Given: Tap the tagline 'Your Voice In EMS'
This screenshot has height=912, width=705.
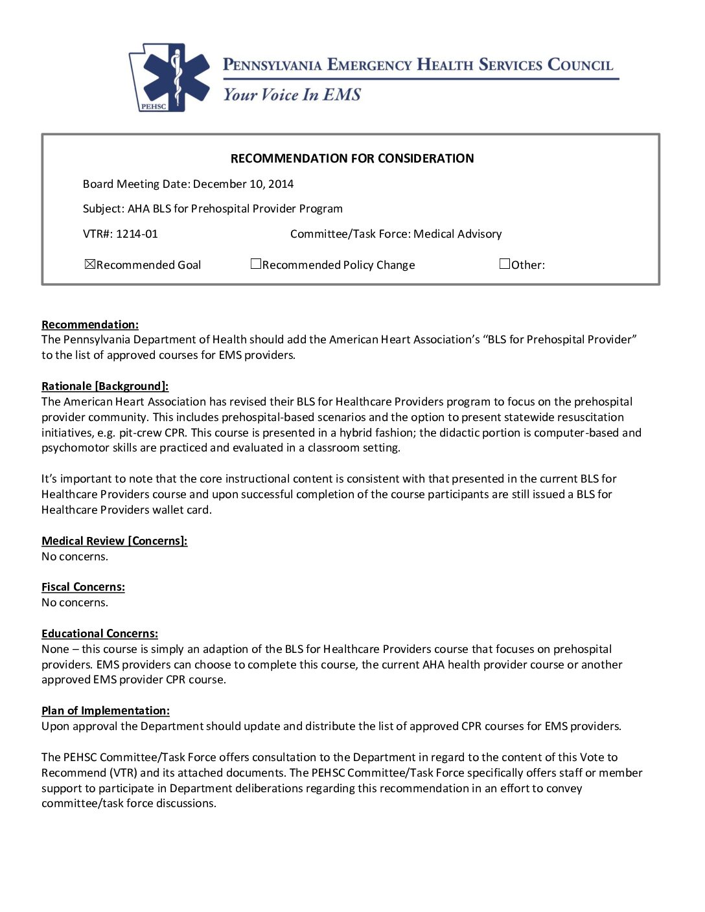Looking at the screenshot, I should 292,95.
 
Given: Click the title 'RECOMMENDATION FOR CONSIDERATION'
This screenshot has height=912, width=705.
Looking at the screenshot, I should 352,159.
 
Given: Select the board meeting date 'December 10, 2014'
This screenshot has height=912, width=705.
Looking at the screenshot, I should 243,184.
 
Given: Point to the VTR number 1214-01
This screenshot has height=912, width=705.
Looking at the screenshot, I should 137,234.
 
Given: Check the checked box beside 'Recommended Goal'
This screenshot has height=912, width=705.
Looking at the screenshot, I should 90,264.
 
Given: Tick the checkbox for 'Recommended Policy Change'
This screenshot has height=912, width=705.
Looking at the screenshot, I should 256,264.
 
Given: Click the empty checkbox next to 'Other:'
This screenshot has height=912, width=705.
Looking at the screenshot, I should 505,264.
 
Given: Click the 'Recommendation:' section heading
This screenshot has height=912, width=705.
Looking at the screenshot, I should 90,325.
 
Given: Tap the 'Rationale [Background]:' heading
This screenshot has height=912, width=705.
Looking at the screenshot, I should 105,386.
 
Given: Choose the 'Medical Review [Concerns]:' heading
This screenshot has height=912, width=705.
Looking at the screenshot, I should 115,541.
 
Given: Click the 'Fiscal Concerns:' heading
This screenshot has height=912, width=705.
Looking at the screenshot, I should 83,587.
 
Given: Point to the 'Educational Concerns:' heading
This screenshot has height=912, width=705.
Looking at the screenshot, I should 100,633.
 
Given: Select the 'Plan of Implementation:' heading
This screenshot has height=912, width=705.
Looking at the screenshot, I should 106,711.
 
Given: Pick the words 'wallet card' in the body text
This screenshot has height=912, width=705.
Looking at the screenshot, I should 181,510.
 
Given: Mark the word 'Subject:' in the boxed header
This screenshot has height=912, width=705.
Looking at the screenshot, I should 104,209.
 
